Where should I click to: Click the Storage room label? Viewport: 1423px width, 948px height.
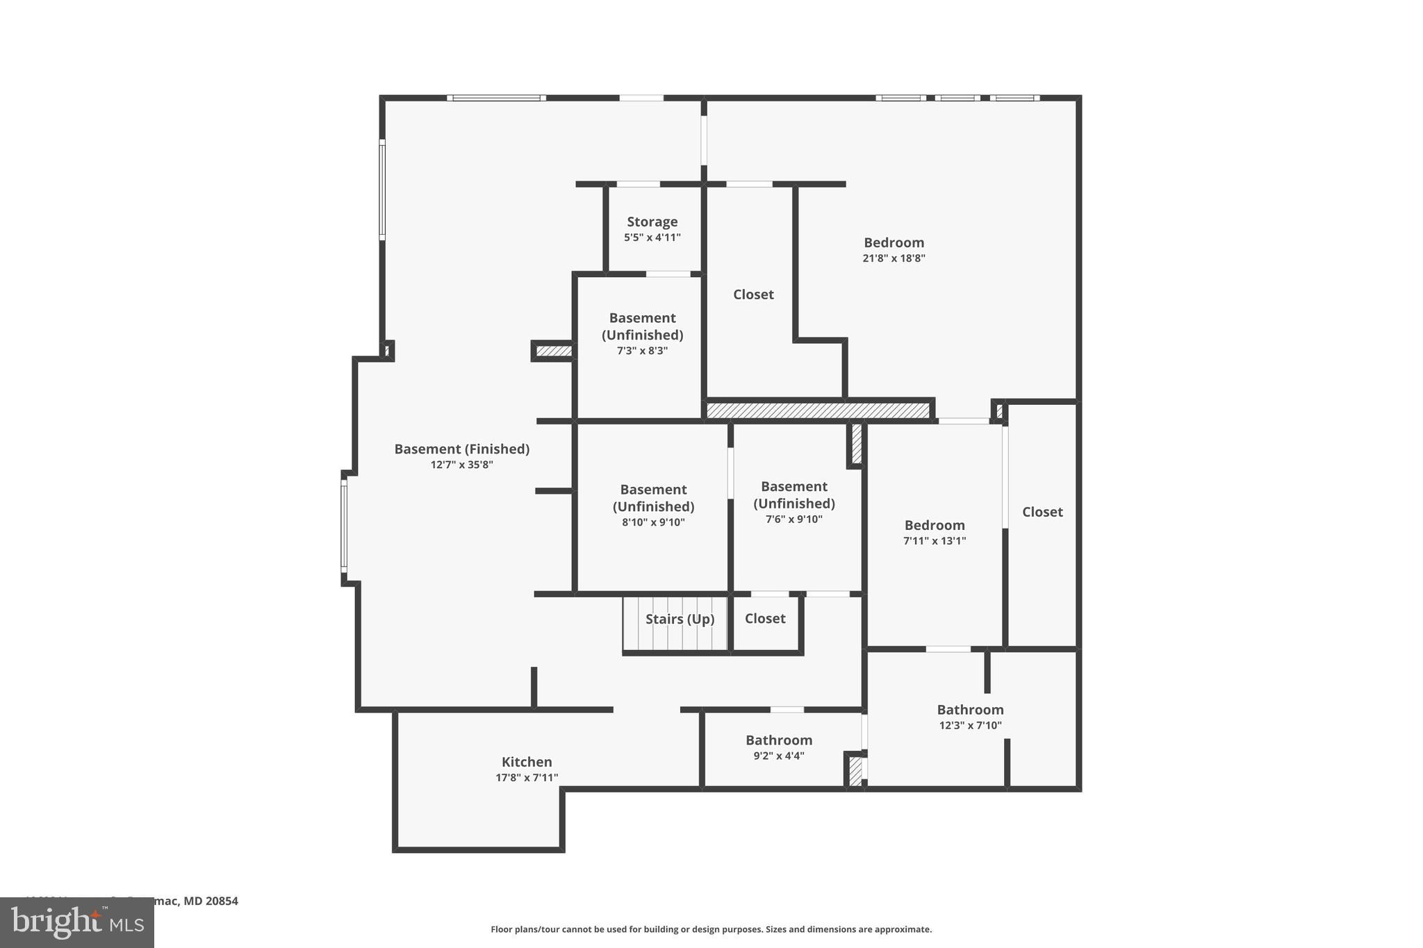click(x=652, y=222)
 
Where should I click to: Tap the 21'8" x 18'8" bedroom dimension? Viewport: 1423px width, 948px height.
click(x=894, y=258)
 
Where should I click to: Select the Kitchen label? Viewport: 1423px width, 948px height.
click(x=527, y=762)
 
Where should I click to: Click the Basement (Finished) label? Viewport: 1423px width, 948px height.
click(x=461, y=449)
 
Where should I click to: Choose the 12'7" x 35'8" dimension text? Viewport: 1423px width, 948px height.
click(x=461, y=465)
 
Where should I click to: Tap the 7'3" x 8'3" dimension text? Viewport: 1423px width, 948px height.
click(x=642, y=351)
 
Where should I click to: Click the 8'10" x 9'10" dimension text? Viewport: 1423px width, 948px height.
click(x=653, y=523)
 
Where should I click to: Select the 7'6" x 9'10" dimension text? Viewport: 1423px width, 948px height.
click(x=793, y=519)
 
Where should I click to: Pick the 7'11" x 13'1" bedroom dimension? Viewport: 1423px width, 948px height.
click(x=935, y=541)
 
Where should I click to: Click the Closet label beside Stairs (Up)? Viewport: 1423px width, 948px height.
click(x=765, y=619)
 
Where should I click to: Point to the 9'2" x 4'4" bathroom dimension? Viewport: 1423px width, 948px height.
click(x=779, y=756)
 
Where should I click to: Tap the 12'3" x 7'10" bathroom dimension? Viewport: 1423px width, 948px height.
click(x=970, y=726)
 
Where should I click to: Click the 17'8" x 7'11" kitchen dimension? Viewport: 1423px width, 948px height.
click(x=527, y=778)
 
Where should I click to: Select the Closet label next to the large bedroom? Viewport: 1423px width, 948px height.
click(x=753, y=294)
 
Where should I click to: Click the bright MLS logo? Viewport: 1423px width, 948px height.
click(x=77, y=922)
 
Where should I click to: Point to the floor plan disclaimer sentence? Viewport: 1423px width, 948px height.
click(x=711, y=929)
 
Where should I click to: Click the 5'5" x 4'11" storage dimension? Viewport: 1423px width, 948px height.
click(x=652, y=238)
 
